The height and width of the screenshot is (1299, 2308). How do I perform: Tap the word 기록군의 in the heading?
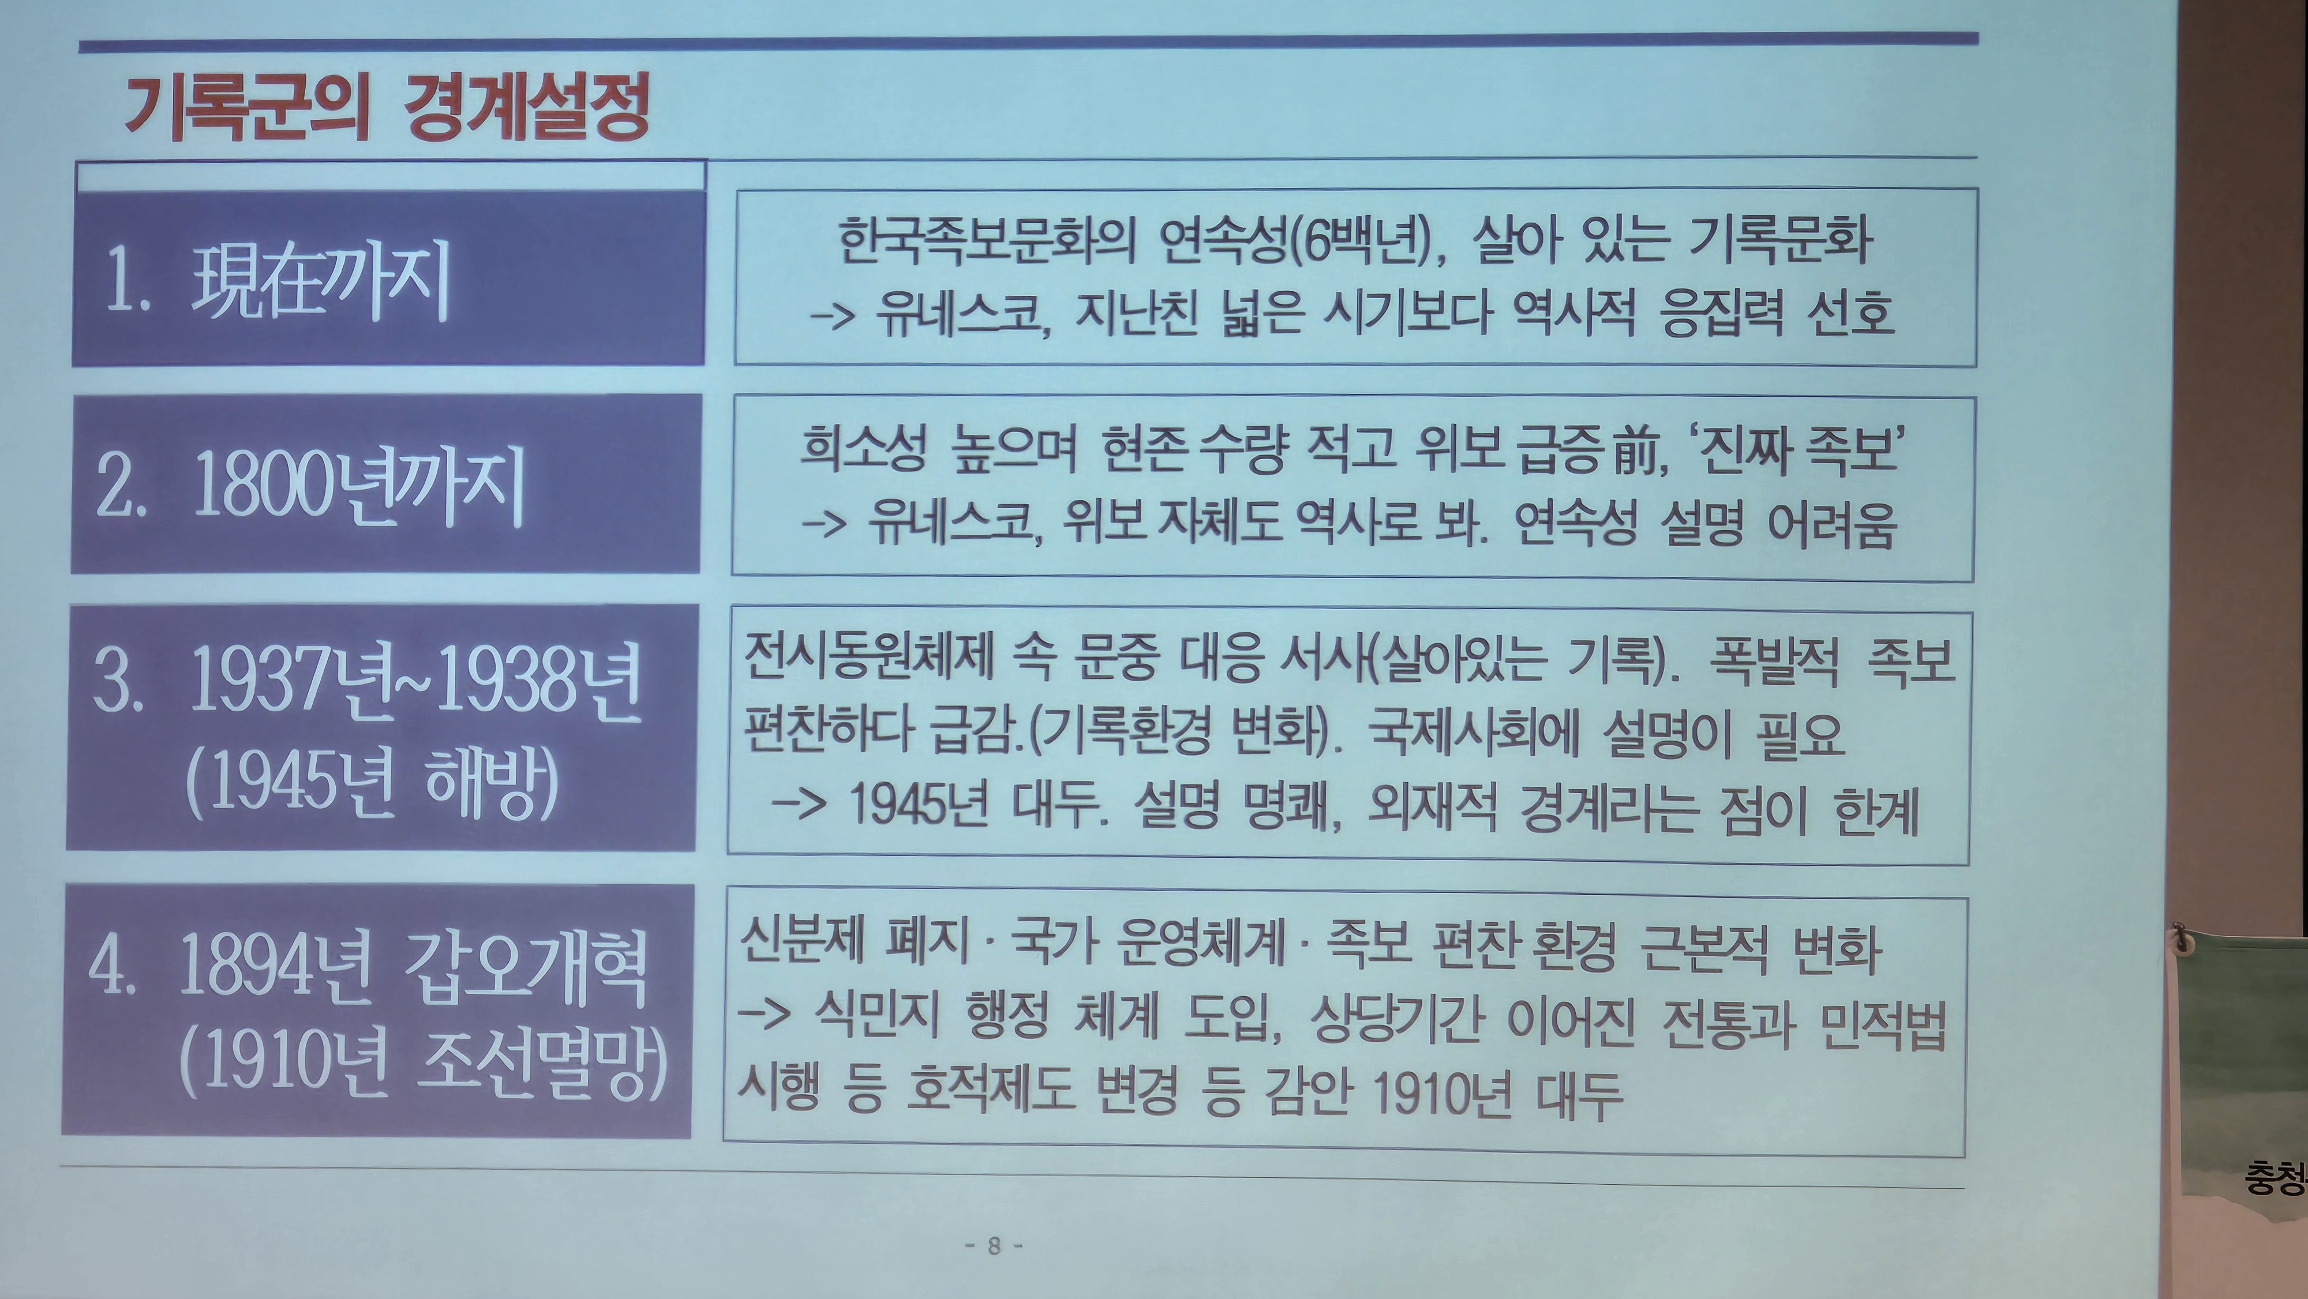coord(246,107)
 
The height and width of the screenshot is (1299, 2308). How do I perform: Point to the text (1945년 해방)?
coord(372,783)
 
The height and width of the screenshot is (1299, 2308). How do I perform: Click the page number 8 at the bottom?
coord(994,1245)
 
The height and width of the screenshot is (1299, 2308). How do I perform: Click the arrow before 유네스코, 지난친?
coord(831,316)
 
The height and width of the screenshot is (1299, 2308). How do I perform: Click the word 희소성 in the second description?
coord(863,448)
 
